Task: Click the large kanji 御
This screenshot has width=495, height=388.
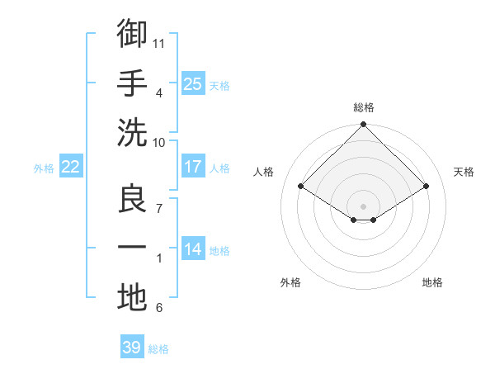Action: click(x=132, y=33)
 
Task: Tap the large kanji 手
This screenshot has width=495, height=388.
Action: click(x=132, y=83)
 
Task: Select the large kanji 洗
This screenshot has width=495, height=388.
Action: click(x=132, y=133)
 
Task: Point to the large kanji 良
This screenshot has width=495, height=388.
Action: click(x=132, y=198)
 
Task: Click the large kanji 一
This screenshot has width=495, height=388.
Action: click(x=132, y=247)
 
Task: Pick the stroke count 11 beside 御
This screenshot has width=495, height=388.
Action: click(x=158, y=44)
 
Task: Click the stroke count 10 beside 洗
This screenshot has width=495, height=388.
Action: click(x=158, y=143)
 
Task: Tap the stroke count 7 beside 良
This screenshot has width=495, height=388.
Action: click(x=159, y=209)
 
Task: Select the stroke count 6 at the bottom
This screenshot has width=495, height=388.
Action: click(x=159, y=308)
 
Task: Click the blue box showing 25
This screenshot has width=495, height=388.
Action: click(x=193, y=83)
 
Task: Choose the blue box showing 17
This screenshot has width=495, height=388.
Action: click(x=193, y=166)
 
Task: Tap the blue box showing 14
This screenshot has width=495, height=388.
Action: click(x=193, y=248)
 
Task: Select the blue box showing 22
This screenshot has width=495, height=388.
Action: click(x=71, y=166)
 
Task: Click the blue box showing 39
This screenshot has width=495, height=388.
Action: click(x=132, y=346)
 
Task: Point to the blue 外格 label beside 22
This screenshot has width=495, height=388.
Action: click(x=44, y=168)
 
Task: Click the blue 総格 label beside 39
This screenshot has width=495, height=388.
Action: click(x=158, y=349)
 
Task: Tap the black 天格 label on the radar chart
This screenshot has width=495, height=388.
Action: click(x=464, y=172)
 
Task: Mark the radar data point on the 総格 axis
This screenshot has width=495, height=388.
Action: click(x=363, y=124)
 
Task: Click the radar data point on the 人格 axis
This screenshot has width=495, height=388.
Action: click(x=300, y=186)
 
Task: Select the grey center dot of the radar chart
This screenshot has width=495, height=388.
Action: click(x=363, y=206)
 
